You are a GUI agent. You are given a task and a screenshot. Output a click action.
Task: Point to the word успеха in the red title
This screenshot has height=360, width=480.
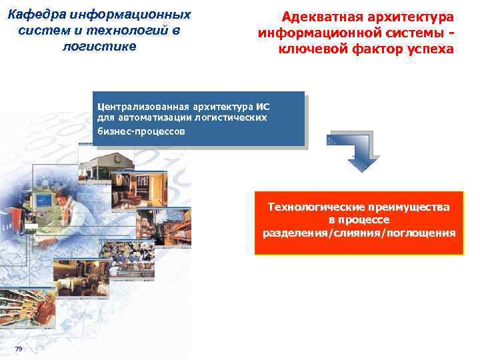tap(428, 49)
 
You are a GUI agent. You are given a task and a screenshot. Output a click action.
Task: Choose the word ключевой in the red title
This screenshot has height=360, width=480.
tap(307, 49)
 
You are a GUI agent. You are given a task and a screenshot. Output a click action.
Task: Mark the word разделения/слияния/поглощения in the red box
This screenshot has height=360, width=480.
tap(359, 233)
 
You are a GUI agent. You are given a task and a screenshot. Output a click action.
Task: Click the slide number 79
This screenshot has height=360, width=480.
tap(18, 350)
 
